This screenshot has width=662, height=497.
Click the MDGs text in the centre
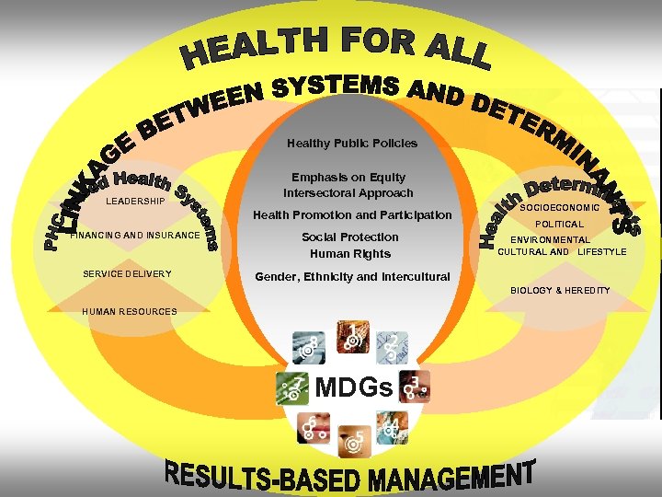coord(354,387)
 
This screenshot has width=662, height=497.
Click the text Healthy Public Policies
coord(351,143)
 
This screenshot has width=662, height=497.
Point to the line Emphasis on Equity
coord(348,177)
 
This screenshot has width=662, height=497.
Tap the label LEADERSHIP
coord(135,201)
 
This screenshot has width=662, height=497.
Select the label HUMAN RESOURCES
coord(129,311)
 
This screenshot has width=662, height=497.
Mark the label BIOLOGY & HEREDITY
coord(560,291)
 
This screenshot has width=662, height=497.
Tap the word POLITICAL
coord(559,224)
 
